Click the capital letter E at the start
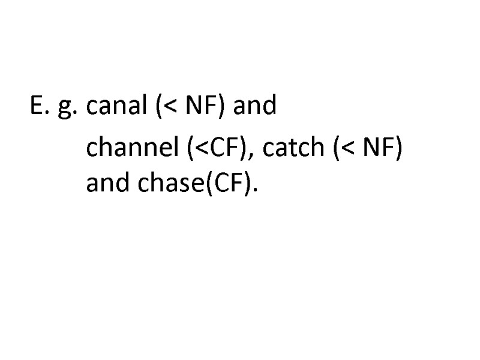click(35, 106)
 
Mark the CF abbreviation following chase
click(227, 185)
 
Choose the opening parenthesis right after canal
click(159, 107)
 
